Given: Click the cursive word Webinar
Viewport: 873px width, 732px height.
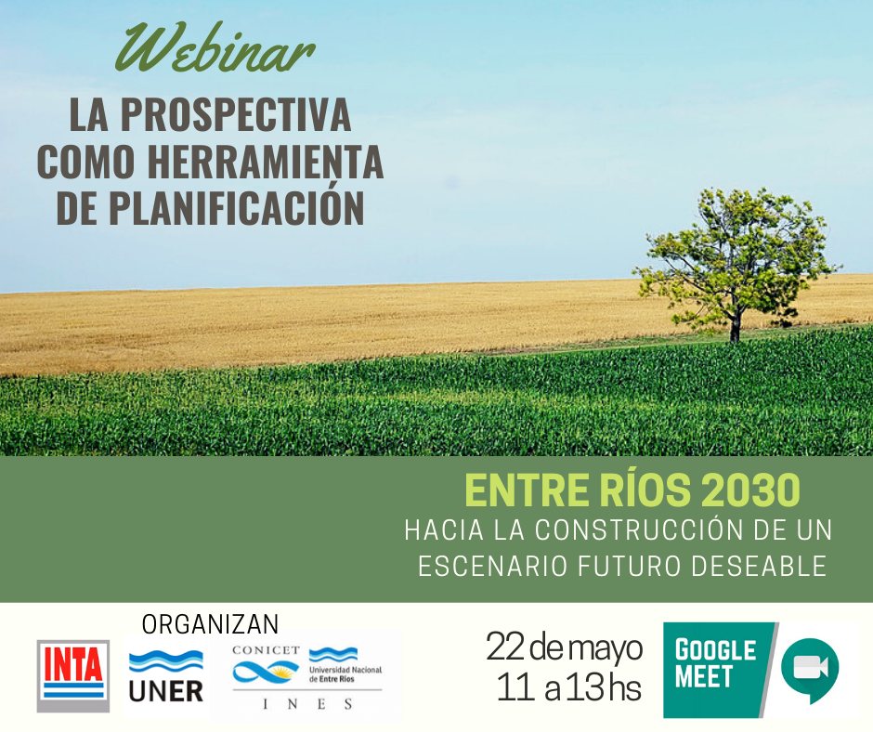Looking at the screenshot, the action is (215, 48).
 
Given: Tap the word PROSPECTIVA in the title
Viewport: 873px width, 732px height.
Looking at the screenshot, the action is (236, 115).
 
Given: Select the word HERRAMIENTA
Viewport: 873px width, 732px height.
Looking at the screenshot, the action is (265, 162).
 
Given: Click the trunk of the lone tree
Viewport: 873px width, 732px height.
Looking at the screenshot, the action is (736, 326).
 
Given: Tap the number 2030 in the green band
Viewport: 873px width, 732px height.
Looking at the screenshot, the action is (750, 490).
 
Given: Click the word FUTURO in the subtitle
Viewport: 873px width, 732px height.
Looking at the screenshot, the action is (630, 567).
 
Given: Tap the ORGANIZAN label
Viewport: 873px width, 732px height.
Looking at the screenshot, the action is (210, 624).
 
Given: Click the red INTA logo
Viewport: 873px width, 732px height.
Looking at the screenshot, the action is (73, 675).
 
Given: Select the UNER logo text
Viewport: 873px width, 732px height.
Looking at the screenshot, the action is (166, 691).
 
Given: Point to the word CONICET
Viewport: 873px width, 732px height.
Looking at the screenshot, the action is (267, 650).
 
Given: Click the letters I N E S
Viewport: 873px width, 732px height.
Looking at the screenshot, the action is (307, 704).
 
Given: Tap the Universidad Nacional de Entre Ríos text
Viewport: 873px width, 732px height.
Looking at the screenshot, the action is (345, 674).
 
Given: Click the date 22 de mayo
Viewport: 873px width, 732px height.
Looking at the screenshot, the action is (564, 647).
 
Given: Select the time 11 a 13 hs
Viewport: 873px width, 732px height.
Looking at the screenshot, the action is (568, 687).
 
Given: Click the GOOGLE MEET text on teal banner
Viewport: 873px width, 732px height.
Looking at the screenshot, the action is (715, 663).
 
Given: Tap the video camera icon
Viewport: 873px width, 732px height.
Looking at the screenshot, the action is (811, 667).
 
